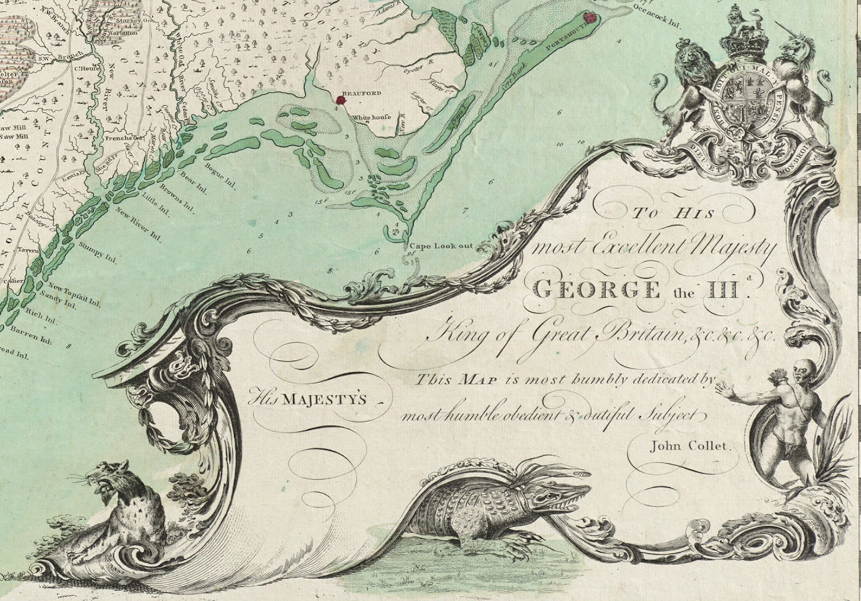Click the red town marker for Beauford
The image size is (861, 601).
(340, 100)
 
